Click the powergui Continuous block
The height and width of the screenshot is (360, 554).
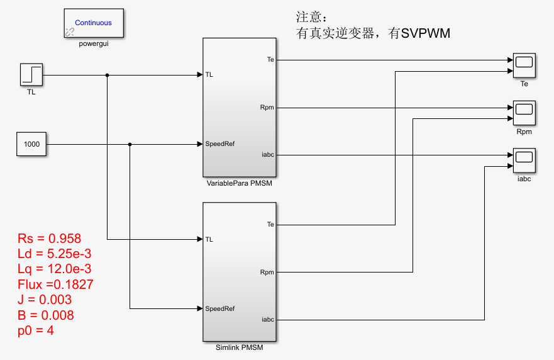click(x=94, y=23)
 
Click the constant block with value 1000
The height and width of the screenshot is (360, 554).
click(x=31, y=144)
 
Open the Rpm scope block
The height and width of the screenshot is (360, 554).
click(x=524, y=113)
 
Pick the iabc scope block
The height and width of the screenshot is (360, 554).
click(x=524, y=160)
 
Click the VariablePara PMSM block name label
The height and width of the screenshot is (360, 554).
click(x=240, y=183)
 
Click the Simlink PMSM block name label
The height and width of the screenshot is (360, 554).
click(x=240, y=347)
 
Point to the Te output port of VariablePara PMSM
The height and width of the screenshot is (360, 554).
click(x=270, y=60)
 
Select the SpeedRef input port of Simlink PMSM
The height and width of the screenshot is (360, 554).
click(x=219, y=308)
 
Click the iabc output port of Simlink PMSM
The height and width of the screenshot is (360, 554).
click(x=268, y=320)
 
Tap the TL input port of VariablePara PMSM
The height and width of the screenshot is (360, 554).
click(x=209, y=75)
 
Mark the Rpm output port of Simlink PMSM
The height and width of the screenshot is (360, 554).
click(x=267, y=273)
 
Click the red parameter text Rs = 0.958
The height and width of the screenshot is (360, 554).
click(x=50, y=239)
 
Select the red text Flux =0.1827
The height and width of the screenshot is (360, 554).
click(x=56, y=284)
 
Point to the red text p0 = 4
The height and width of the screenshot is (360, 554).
click(x=36, y=330)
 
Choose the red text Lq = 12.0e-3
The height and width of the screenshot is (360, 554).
click(x=55, y=269)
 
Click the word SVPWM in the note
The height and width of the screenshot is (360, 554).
click(x=426, y=34)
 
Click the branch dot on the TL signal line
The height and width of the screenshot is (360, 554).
click(x=108, y=75)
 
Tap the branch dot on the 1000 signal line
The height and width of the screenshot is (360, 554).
click(x=130, y=145)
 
